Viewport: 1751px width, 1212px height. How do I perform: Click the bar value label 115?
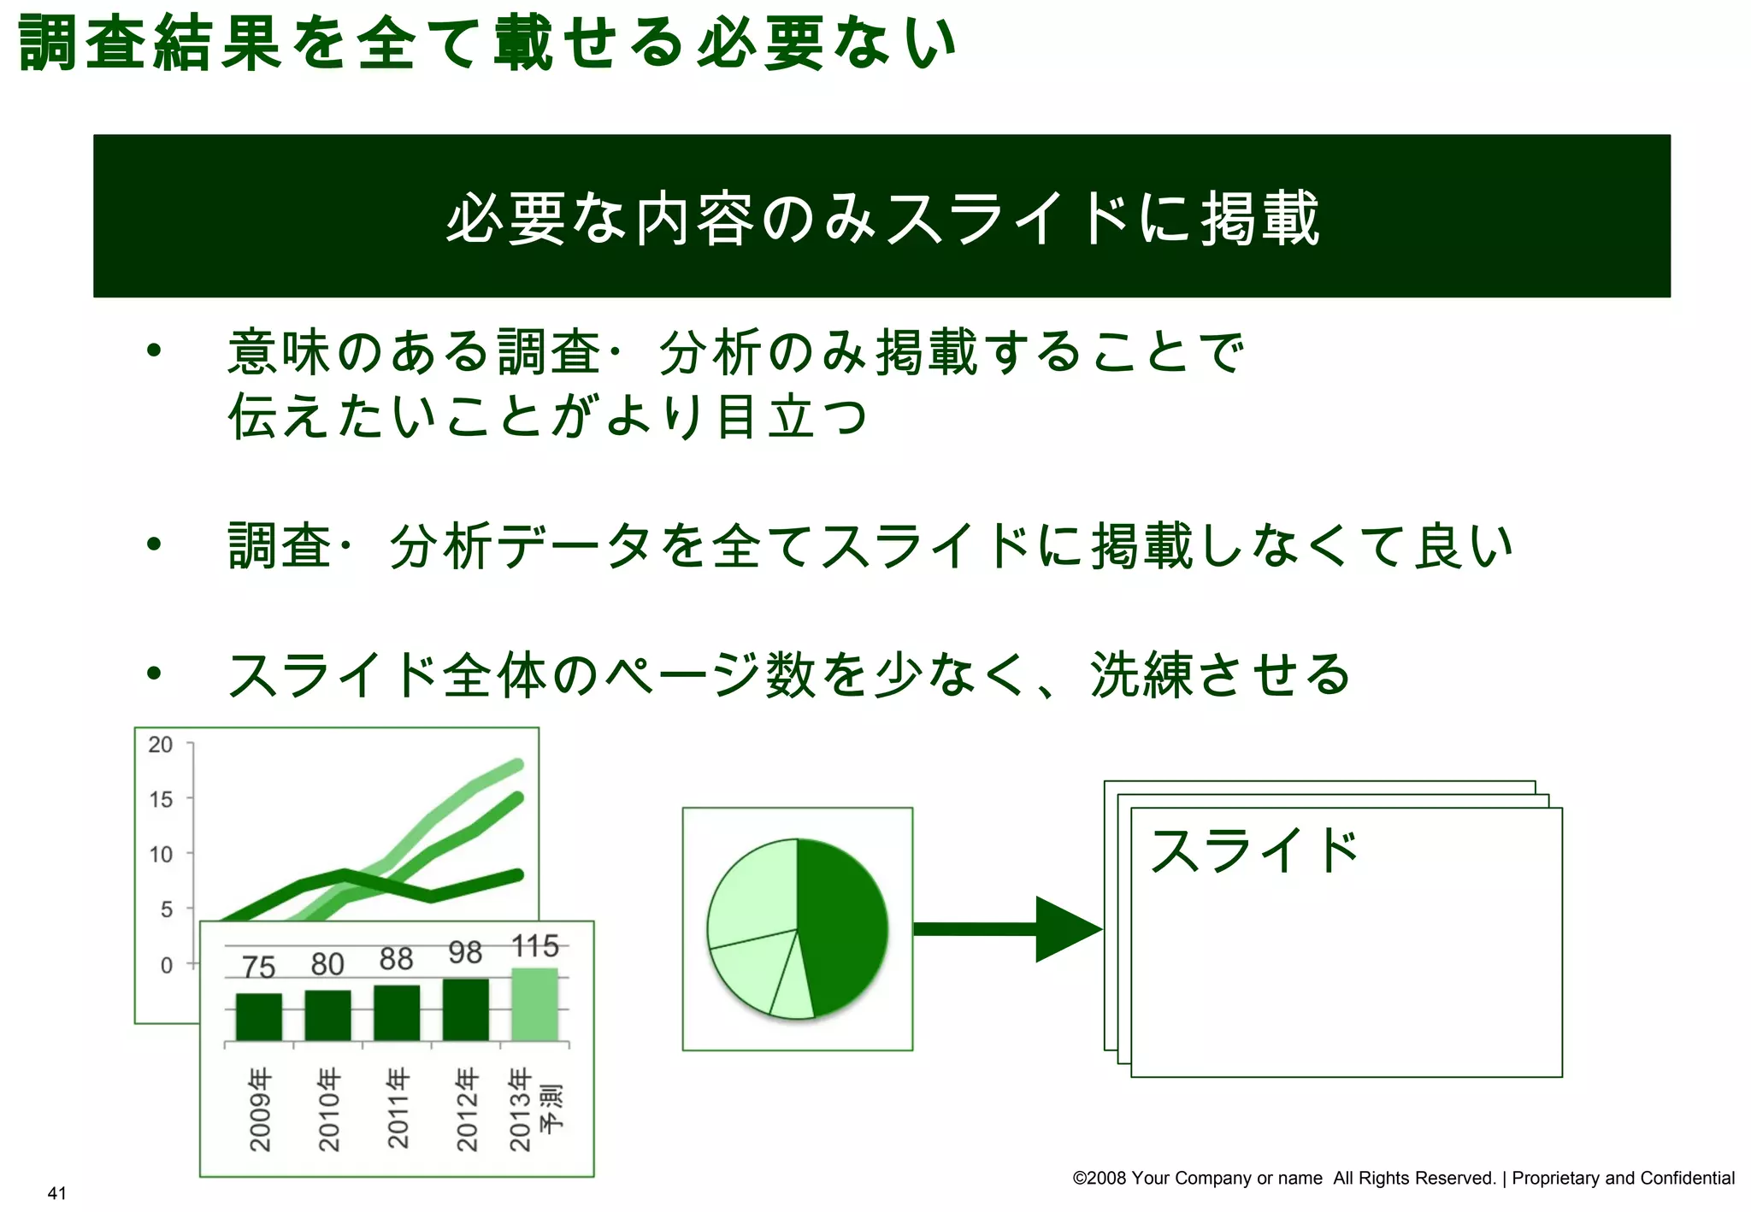[535, 947]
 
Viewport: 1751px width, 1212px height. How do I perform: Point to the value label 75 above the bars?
[258, 967]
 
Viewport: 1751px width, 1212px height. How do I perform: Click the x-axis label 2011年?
[398, 1108]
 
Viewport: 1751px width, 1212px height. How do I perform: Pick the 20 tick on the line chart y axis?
[161, 744]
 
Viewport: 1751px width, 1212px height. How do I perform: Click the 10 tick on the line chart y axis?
[161, 854]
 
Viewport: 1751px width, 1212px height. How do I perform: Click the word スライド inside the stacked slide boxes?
[1254, 851]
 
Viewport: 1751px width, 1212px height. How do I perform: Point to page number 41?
[56, 1193]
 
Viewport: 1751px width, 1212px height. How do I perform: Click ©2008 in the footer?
[1100, 1178]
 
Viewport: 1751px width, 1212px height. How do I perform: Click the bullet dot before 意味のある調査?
[154, 350]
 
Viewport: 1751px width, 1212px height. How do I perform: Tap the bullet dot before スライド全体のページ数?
[154, 674]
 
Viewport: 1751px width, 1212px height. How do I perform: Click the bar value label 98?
[465, 952]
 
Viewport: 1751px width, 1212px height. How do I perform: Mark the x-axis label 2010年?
[328, 1108]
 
